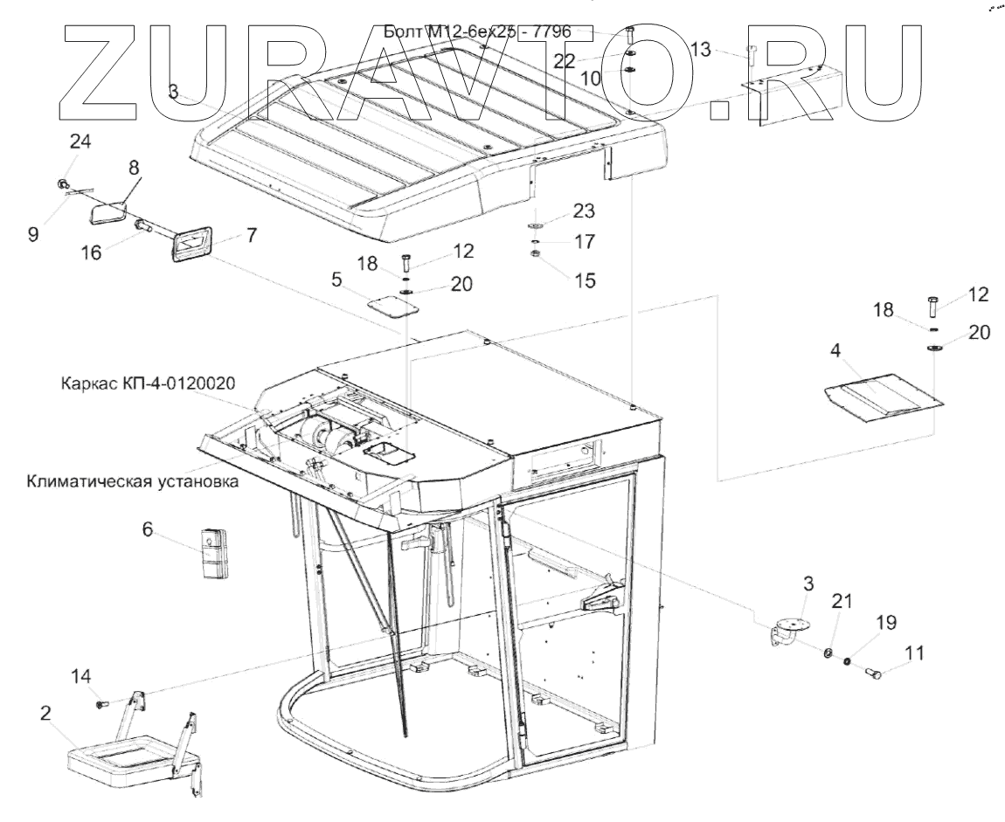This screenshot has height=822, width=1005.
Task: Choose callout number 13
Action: (702, 50)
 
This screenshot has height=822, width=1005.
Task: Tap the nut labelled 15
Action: (535, 255)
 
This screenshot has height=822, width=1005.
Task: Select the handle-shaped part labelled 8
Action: (108, 211)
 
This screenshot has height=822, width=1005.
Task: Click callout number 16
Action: (92, 252)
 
